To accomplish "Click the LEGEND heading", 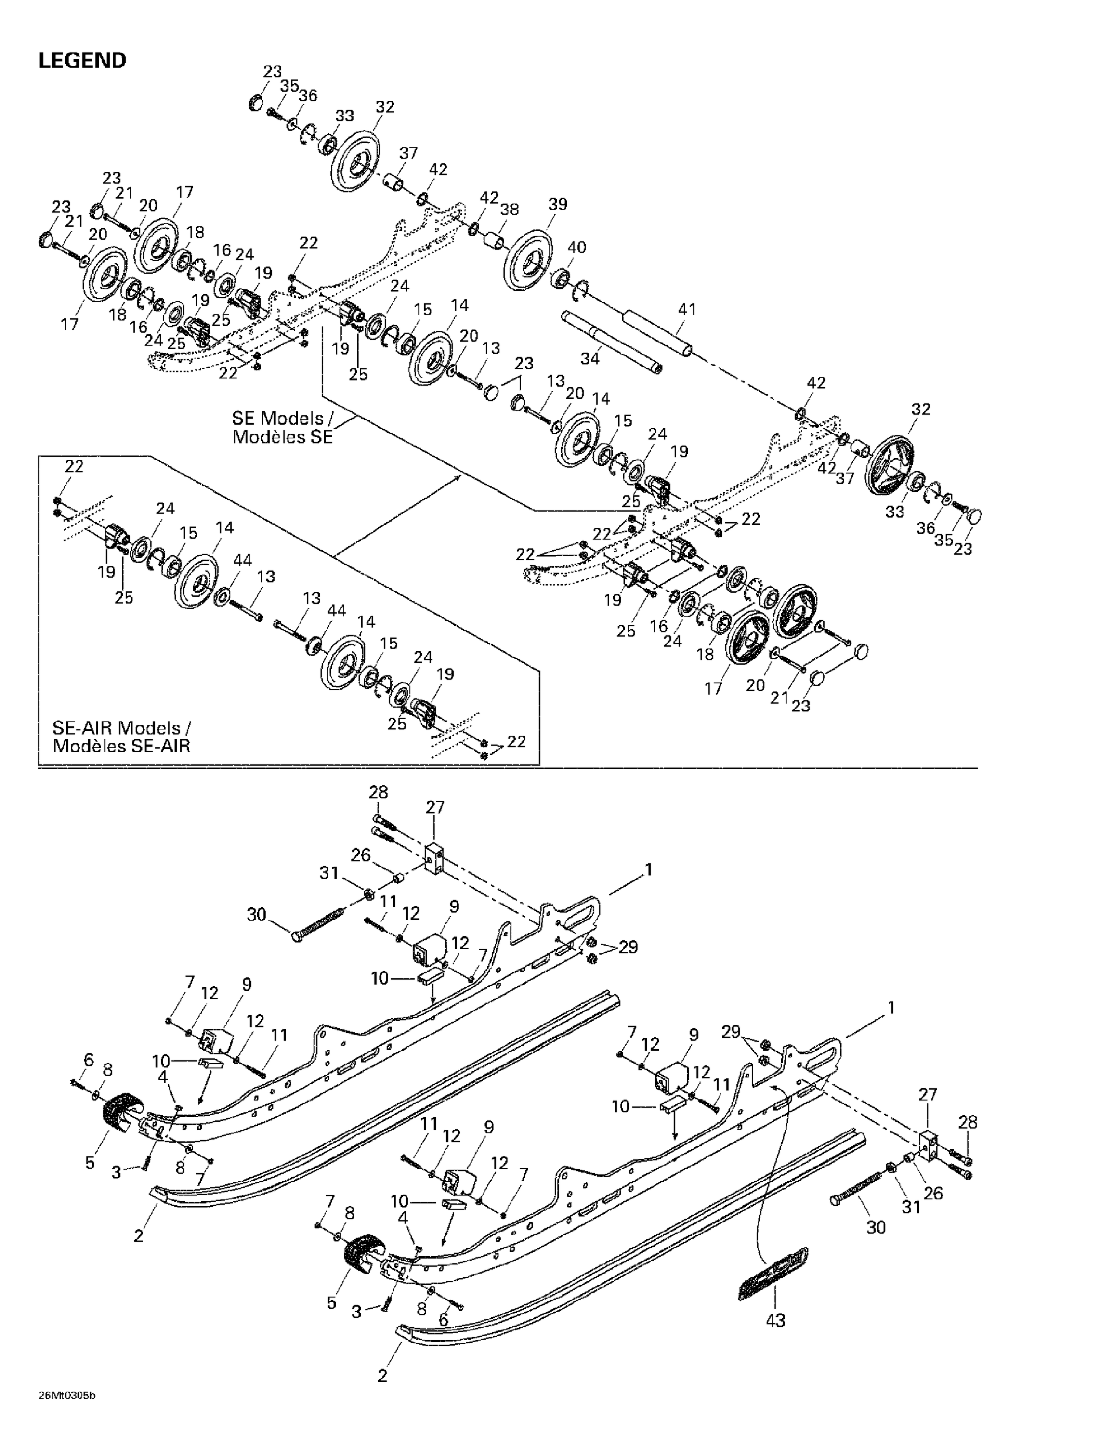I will (x=82, y=61).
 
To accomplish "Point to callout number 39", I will (x=557, y=204).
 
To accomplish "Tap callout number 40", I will (x=576, y=248).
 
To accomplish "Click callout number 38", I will (x=509, y=209).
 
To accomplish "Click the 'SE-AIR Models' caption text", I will (x=122, y=737).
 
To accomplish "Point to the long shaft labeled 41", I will (x=658, y=335).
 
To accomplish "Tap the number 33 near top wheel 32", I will (x=344, y=116).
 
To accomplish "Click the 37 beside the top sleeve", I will (x=408, y=153).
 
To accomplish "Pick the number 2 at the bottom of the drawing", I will (x=382, y=1376).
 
